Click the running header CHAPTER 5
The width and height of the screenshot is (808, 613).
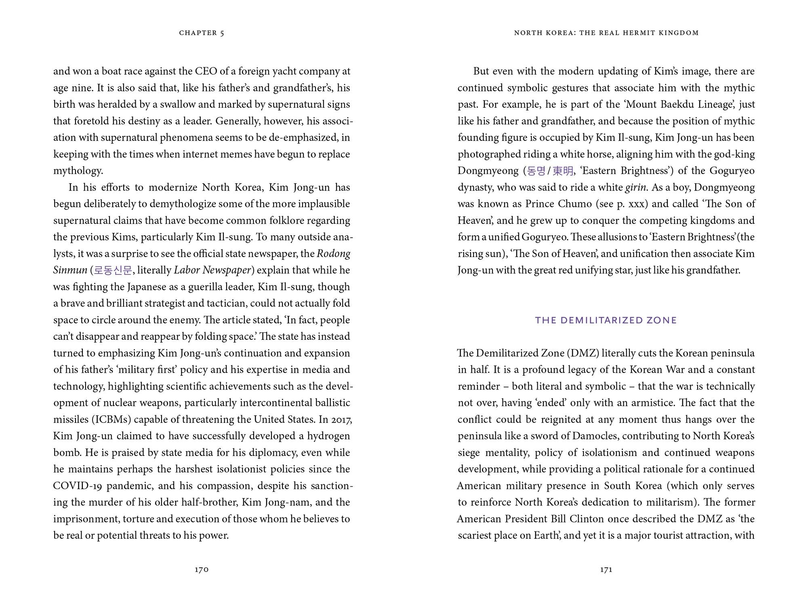202,33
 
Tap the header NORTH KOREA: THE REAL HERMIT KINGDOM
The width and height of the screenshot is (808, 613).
606,33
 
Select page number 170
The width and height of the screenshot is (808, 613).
202,569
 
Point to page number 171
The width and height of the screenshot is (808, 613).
606,569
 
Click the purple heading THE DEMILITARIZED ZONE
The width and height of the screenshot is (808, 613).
606,320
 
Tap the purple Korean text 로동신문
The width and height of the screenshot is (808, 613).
113,270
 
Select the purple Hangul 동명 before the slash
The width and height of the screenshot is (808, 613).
536,171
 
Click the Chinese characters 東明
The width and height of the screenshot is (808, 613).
563,171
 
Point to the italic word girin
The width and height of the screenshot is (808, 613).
636,188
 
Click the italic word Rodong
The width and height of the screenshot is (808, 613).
334,254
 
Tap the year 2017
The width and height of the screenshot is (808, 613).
342,420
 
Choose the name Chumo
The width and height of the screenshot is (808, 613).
574,204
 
